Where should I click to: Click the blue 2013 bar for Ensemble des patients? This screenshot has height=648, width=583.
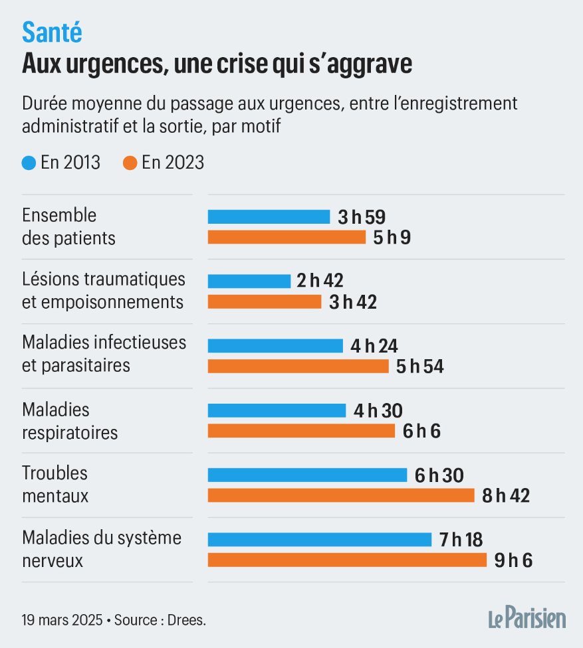coord(269,216)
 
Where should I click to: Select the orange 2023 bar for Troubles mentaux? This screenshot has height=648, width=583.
coord(340,495)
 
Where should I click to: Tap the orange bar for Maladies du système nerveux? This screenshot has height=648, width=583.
coord(347,560)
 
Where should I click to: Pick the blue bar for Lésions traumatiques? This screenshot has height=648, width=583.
coord(249,281)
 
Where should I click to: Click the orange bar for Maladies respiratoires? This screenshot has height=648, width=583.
coord(301,431)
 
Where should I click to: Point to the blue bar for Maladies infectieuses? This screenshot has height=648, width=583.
coord(275,345)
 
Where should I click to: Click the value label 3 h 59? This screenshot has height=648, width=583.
coord(362,216)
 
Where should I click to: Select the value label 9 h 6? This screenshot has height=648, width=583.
coord(514,560)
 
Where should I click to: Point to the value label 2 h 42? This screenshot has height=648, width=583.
coord(320,281)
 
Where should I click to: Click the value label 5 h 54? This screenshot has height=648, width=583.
coord(419,366)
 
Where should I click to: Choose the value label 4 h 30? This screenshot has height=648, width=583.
coord(378,410)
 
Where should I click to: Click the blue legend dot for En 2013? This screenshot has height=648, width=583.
coord(29,162)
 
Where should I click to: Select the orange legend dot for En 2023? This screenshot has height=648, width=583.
coord(130,162)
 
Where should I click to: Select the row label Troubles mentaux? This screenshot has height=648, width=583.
coord(55,484)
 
